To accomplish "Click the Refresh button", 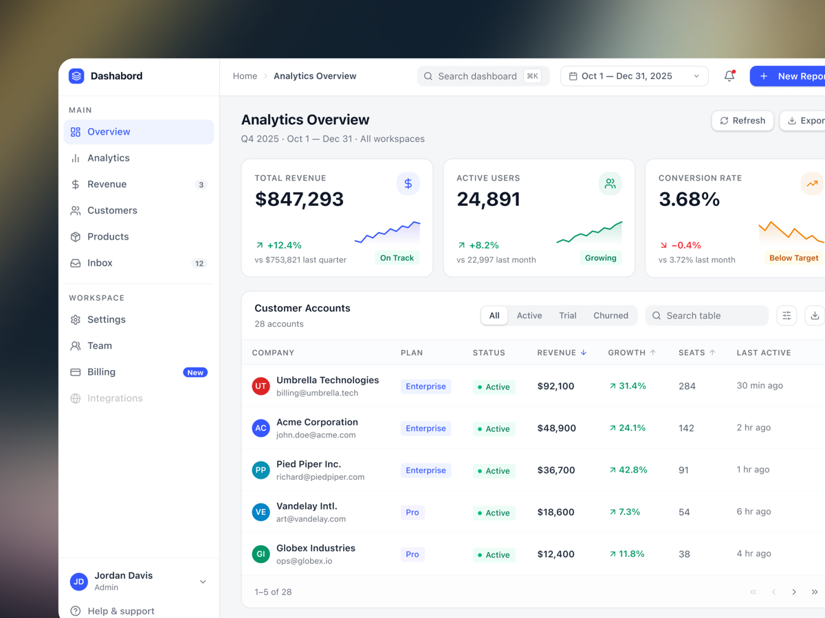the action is [x=742, y=120].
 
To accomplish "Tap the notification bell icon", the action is [x=729, y=76].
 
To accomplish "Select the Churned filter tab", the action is [x=610, y=316].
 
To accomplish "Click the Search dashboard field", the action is [x=483, y=76].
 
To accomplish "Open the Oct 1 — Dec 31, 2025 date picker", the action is [x=635, y=76].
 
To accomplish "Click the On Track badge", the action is [x=397, y=257].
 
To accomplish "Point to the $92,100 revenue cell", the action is [x=555, y=386].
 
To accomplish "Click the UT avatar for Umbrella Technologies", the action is [x=261, y=386].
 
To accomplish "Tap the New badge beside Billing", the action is [x=195, y=372].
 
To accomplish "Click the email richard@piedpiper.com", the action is [x=320, y=477].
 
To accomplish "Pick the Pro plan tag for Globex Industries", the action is [x=412, y=554].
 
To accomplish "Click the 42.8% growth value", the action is [x=628, y=470].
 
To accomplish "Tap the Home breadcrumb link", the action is [x=245, y=76].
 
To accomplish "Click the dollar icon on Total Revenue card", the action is [x=408, y=183].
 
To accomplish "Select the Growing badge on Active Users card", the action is [x=601, y=257].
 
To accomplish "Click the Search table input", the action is [x=707, y=316].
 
